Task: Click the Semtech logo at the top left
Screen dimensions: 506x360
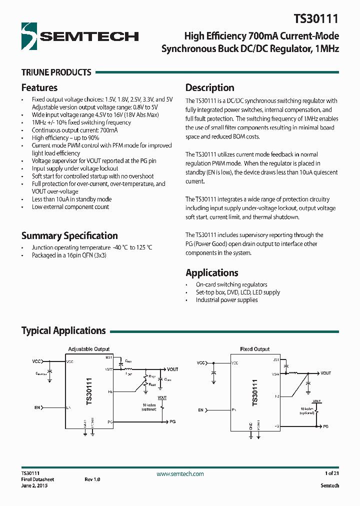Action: coord(80,35)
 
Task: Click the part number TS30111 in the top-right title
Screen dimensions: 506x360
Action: coord(316,19)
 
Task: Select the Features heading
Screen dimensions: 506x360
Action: coord(39,87)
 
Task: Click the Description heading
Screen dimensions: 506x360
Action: coord(209,87)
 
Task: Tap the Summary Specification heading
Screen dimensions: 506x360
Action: coord(69,235)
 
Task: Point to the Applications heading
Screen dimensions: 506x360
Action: coord(211,272)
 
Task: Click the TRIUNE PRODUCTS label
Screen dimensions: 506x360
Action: coord(56,72)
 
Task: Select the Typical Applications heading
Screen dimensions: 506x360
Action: coord(63,330)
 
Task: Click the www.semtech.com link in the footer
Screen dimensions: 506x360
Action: coord(180,473)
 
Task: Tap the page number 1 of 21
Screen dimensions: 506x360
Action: coord(331,473)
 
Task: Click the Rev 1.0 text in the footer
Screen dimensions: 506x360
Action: coord(92,479)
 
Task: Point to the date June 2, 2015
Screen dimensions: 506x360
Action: coord(34,485)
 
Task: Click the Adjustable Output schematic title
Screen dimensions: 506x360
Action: coord(88,349)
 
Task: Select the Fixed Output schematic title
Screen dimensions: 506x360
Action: coord(254,349)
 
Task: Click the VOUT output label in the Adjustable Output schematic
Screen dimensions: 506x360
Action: coord(172,369)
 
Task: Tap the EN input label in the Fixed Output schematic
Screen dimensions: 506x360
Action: coord(201,410)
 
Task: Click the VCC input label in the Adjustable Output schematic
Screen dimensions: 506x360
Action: coord(37,360)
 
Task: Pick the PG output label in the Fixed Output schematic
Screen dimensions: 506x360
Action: coord(325,426)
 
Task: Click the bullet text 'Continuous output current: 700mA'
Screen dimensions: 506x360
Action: coord(74,130)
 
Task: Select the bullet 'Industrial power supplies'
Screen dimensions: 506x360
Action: coord(226,300)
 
